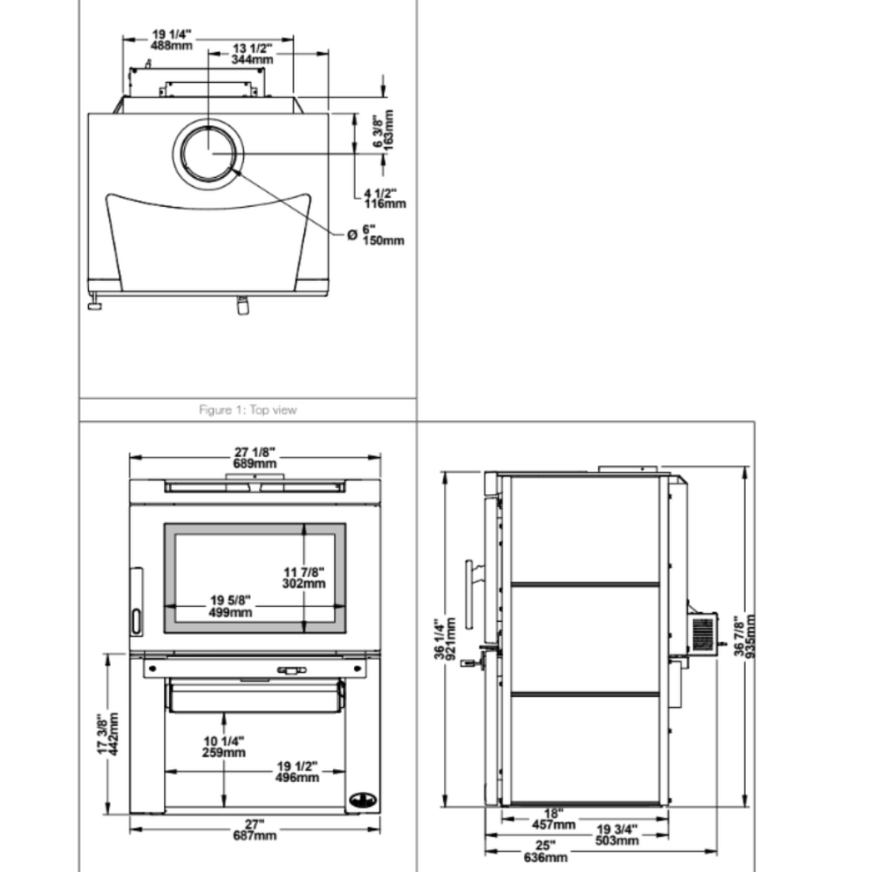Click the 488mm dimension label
[x=170, y=45]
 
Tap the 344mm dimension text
[x=253, y=59]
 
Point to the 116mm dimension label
[x=385, y=203]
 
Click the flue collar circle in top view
[x=210, y=152]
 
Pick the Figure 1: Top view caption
[x=248, y=410]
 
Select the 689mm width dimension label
[x=255, y=462]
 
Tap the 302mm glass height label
[x=304, y=583]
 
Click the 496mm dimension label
[x=297, y=777]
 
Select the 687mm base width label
[x=255, y=835]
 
